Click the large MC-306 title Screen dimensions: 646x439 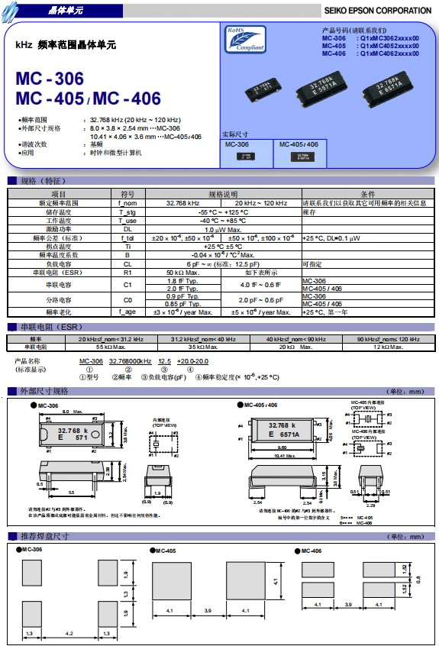(x=50, y=79)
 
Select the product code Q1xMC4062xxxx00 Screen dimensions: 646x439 (x=389, y=53)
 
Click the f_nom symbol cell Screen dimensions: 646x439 (x=128, y=203)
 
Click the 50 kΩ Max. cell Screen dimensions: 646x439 (x=182, y=273)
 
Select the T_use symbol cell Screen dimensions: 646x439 (x=128, y=220)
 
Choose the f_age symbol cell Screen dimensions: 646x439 (x=128, y=312)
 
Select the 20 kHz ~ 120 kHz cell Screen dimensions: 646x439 (x=260, y=203)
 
